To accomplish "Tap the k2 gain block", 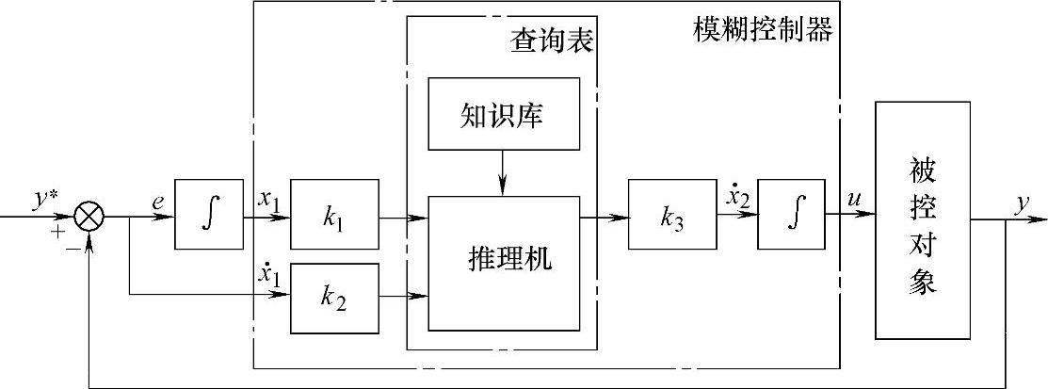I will [334, 299].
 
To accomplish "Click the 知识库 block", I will [504, 115].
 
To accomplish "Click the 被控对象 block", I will [924, 219].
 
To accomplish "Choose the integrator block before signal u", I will [791, 215].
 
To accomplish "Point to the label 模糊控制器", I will [762, 30].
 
